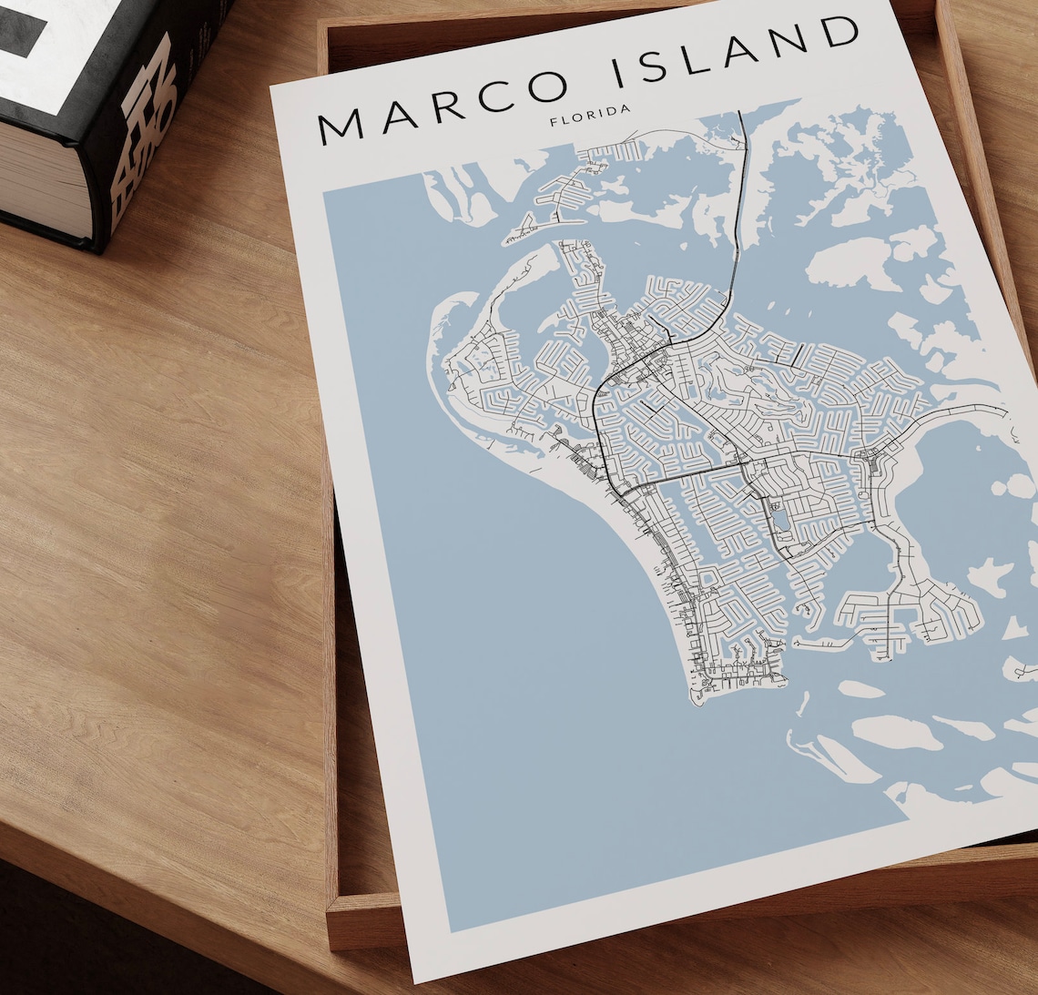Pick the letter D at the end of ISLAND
point(840,34)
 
